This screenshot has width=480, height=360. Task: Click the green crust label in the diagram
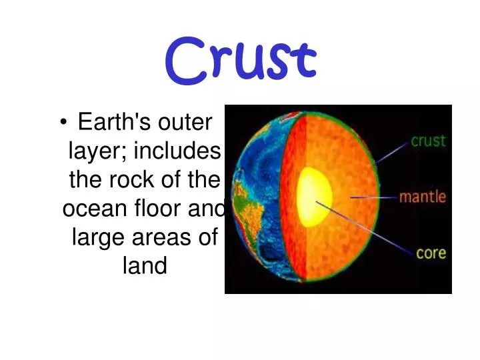click(427, 141)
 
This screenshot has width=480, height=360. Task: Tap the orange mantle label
click(422, 198)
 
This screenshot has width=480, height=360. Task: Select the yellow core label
click(431, 253)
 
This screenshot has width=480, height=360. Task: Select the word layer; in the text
click(99, 151)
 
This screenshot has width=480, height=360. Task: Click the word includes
click(177, 151)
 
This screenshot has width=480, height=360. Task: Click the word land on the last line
click(145, 266)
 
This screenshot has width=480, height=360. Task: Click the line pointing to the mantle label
click(373, 197)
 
